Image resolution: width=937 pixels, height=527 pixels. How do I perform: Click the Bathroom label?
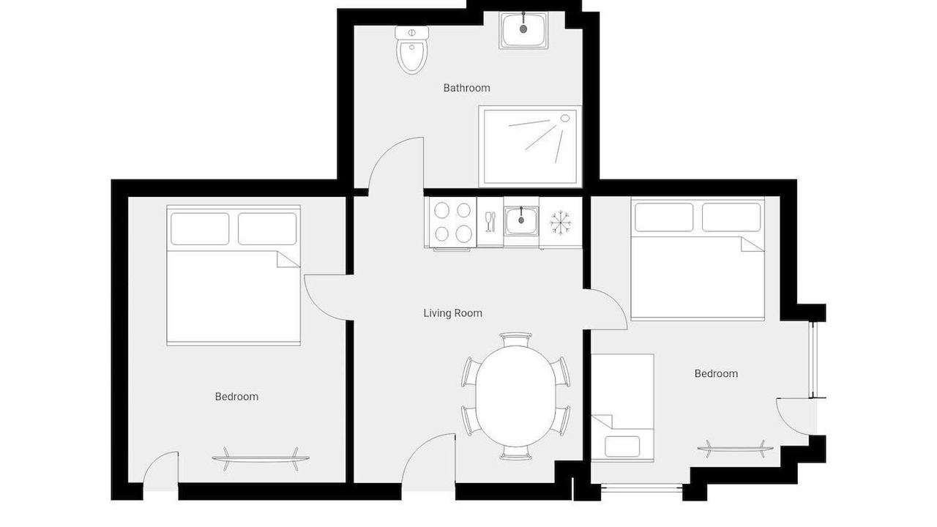466,88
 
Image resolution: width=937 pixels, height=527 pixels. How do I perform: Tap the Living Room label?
452,313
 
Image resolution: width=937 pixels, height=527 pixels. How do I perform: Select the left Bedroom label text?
236,397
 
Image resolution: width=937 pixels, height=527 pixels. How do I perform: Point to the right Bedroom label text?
716,373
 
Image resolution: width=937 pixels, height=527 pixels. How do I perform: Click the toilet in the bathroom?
412,51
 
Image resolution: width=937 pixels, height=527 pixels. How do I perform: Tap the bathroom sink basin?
523,30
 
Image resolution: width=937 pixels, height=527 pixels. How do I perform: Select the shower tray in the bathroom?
530,146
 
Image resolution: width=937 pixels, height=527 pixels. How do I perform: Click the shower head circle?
565,119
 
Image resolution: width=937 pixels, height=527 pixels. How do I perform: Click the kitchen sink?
521,221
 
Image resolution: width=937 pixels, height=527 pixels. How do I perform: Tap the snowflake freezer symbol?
561,223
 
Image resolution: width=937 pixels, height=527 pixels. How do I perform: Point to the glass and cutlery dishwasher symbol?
490,222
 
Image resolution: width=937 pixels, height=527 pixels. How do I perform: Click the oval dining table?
516,396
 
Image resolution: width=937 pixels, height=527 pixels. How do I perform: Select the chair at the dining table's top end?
516,339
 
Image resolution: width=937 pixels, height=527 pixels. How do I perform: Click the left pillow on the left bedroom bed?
200,229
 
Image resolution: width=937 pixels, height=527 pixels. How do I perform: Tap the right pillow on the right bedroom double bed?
731,217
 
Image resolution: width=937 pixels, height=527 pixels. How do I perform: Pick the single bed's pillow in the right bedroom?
622,446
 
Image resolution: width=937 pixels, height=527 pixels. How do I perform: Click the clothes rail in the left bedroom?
261,459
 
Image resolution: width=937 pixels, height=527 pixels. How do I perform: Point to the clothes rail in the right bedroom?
735,449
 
